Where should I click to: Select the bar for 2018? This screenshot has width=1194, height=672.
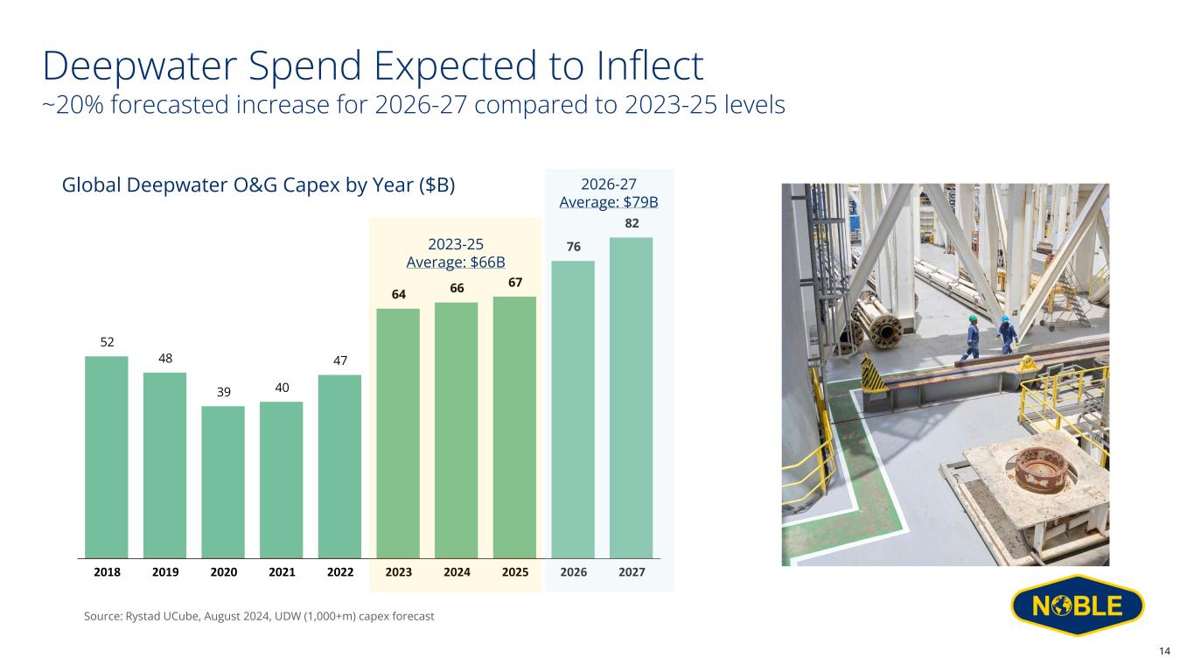(107, 456)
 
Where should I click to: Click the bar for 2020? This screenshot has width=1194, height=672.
(223, 481)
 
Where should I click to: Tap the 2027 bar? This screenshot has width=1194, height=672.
(632, 397)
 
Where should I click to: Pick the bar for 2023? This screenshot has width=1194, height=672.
(398, 432)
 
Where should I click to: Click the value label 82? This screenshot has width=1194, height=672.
(632, 225)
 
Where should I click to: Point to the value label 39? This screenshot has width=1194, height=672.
(223, 393)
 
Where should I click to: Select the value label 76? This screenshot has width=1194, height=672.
(573, 248)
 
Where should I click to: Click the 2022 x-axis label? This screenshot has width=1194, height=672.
(339, 571)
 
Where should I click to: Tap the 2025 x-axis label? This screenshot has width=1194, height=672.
(515, 571)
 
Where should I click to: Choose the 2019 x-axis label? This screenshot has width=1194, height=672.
(165, 571)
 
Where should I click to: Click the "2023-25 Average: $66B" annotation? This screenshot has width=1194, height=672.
(456, 253)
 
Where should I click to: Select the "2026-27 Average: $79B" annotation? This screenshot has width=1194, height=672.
(609, 192)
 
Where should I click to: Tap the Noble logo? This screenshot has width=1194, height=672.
(1077, 606)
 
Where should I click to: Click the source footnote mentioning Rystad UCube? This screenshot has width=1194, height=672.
(259, 617)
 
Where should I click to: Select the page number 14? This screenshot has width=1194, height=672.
(1164, 650)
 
